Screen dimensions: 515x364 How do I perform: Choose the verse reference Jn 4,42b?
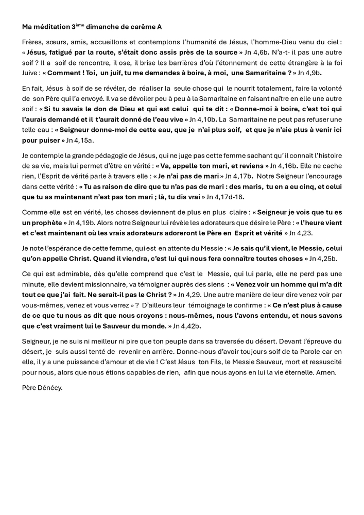click(x=187, y=325)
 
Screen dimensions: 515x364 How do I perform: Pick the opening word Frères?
click(x=33, y=42)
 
